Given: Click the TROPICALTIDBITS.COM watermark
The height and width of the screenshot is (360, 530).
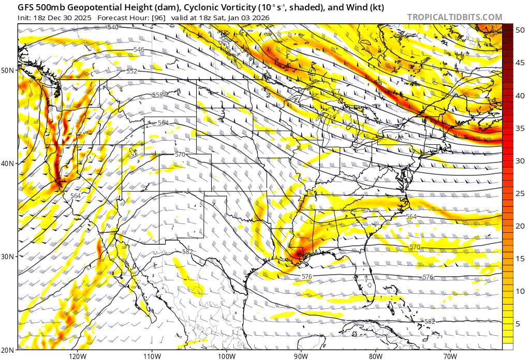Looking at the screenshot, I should coord(454,17).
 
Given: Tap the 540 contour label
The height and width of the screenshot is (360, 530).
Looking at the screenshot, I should coord(113,27).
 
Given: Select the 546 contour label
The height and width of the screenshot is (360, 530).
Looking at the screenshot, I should coord(139,49).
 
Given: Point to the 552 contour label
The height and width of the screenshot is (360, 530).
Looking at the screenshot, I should coord(131,71).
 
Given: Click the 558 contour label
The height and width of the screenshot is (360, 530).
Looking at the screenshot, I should coord(157,95).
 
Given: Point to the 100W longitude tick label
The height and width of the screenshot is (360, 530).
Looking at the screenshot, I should coord(226,356).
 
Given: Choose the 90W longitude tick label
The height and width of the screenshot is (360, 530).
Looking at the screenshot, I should coord(301,356).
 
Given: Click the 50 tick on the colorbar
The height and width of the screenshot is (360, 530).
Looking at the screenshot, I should coord(521,30).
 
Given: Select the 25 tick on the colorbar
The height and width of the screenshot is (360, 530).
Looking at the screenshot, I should coord(521,193).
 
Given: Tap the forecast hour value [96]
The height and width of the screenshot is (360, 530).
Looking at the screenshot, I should coord(158,17).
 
